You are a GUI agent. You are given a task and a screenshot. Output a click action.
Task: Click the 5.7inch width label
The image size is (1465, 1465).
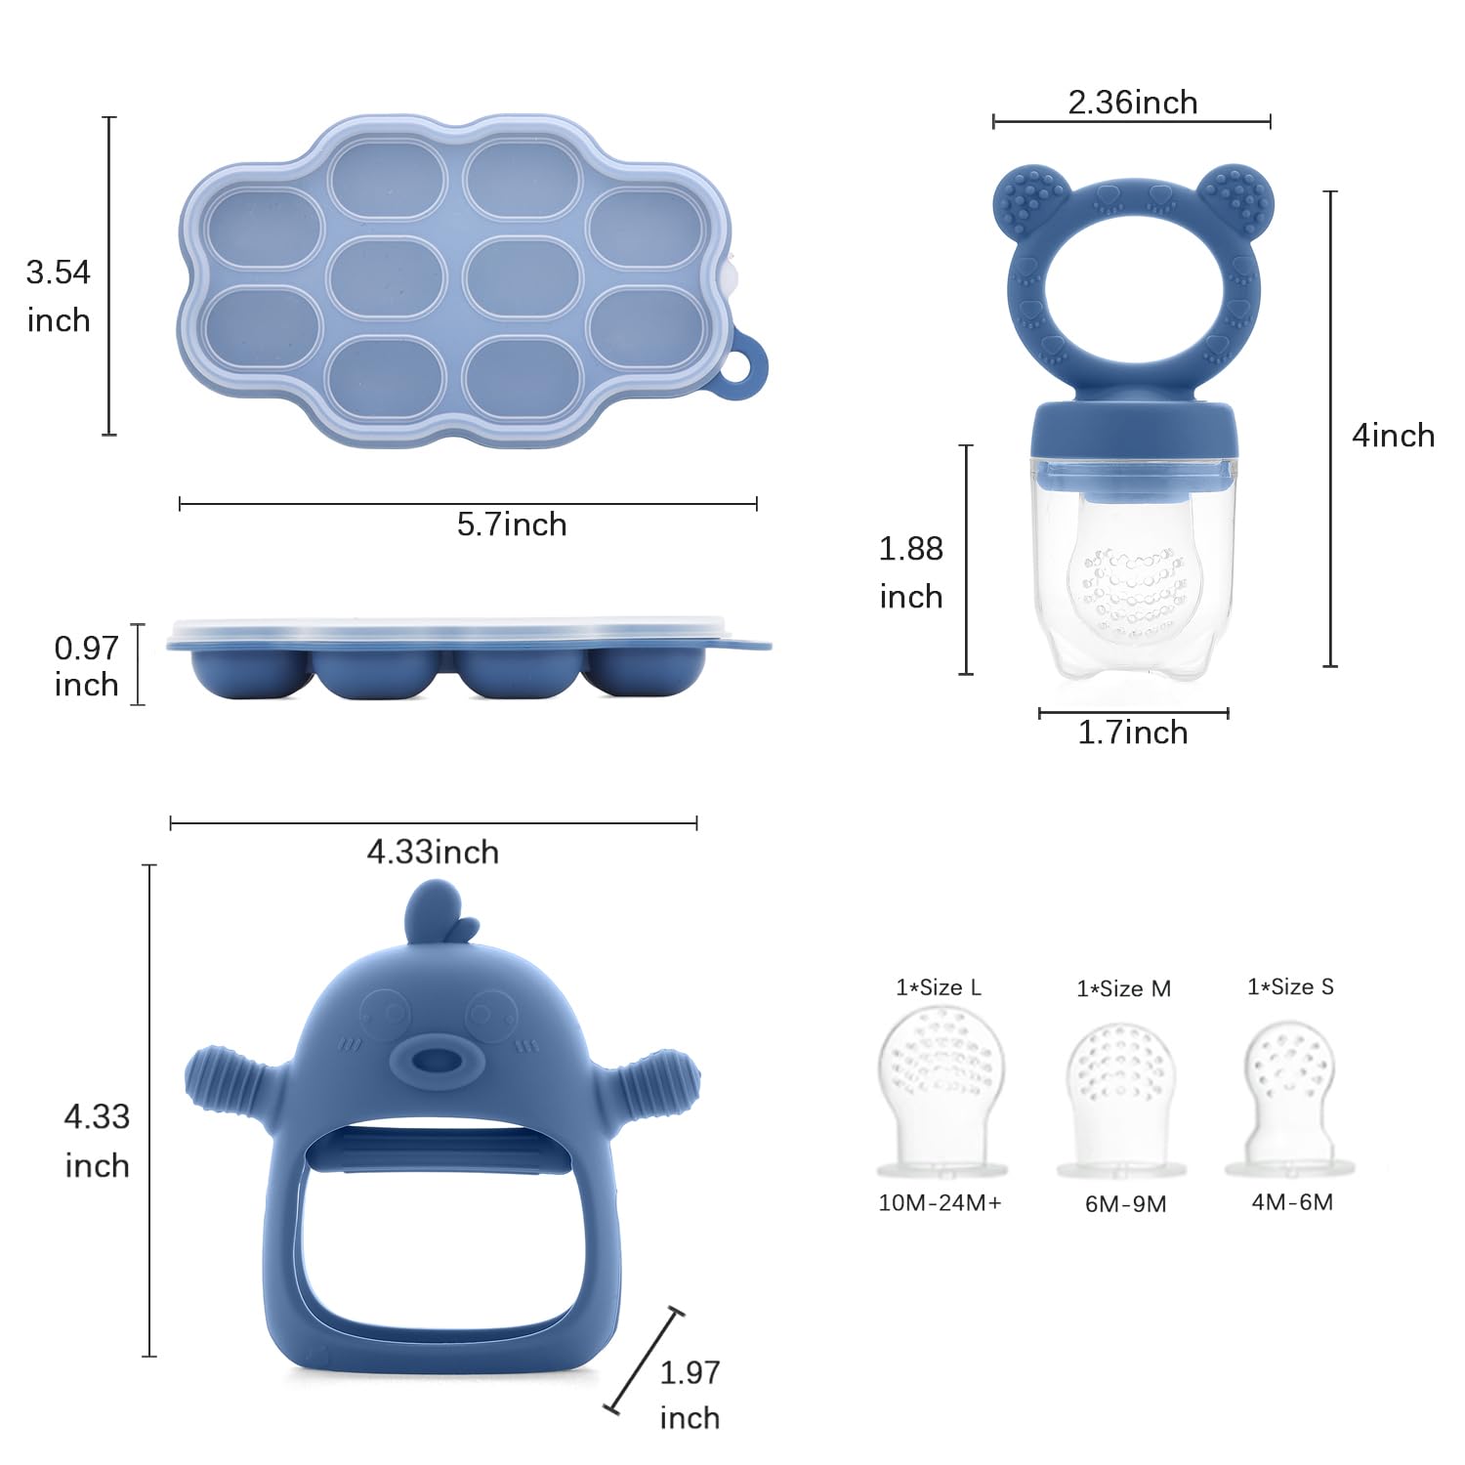pyautogui.click(x=512, y=524)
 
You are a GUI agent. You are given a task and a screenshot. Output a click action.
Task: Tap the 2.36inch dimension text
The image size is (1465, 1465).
pyautogui.click(x=1132, y=103)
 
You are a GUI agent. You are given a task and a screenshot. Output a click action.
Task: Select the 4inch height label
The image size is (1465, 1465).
pyautogui.click(x=1393, y=435)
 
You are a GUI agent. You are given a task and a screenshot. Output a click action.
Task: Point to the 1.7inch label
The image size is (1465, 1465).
pyautogui.click(x=1132, y=732)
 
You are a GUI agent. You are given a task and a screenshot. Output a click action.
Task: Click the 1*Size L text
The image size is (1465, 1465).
pyautogui.click(x=939, y=987)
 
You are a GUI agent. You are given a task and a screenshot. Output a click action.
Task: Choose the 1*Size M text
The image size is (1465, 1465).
pyautogui.click(x=1123, y=988)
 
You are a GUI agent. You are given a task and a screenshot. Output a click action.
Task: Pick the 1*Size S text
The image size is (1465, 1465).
pyautogui.click(x=1290, y=986)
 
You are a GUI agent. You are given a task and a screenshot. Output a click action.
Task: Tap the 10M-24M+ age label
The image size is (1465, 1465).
pyautogui.click(x=940, y=1202)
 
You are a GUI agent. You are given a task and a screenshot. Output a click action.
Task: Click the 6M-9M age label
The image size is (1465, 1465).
pyautogui.click(x=1125, y=1203)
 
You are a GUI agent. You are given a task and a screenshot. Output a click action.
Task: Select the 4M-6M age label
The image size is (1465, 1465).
pyautogui.click(x=1292, y=1201)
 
